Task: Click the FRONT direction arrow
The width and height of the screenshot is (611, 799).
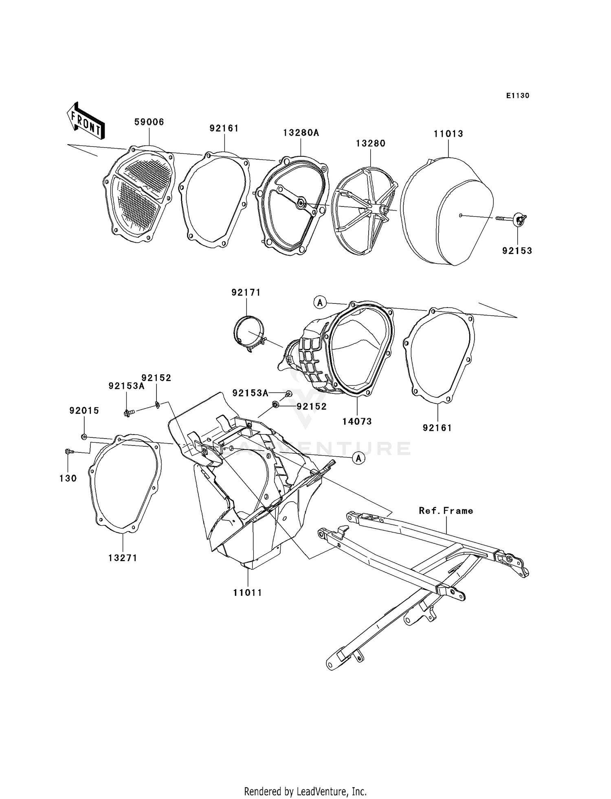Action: coord(86,121)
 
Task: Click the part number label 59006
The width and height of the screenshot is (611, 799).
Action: coord(149,122)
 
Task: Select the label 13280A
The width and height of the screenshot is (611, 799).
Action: coord(301,132)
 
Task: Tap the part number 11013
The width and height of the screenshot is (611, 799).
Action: coord(448,134)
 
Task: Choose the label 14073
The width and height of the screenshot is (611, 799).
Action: coord(357,421)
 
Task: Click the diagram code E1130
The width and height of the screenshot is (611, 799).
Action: coord(517,96)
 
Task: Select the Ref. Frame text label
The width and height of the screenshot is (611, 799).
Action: coord(446,511)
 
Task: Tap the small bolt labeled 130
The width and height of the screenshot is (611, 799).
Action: coord(68,451)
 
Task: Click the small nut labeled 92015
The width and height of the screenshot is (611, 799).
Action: coord(84,437)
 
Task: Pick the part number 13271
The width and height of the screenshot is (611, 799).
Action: coord(123,558)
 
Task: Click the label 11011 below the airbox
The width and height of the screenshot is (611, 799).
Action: coord(247,593)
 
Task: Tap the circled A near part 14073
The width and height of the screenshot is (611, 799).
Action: coord(320,302)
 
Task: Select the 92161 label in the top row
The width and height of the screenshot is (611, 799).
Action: coord(224,128)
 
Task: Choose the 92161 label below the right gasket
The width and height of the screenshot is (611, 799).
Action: coord(437,428)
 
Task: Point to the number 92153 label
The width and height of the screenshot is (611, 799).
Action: coord(517,251)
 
